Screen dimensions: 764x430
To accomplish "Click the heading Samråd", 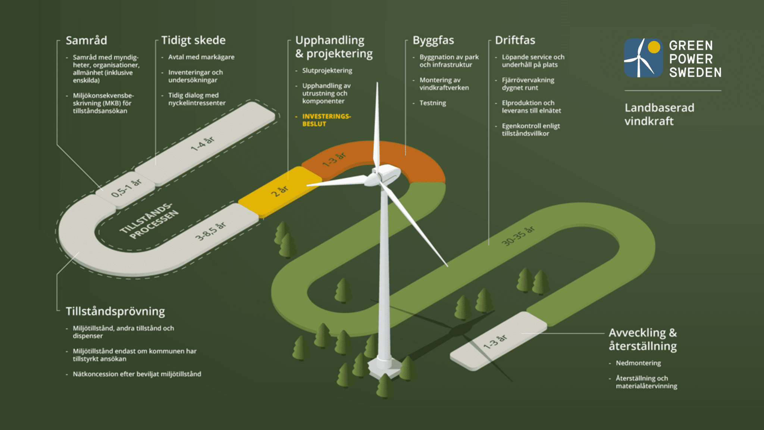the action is pyautogui.click(x=86, y=40).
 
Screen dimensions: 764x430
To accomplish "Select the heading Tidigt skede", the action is pyautogui.click(x=193, y=40).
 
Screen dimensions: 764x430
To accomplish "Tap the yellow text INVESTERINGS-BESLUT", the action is pyautogui.click(x=326, y=120).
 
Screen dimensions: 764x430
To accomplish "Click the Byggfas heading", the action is pyautogui.click(x=433, y=40).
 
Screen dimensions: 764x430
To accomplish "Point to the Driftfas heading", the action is pyautogui.click(x=515, y=40).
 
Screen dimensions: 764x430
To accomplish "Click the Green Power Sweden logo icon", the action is pyautogui.click(x=643, y=58).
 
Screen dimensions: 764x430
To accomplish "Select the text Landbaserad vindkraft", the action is pyautogui.click(x=659, y=114).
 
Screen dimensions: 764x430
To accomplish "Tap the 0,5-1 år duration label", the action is pyautogui.click(x=126, y=188).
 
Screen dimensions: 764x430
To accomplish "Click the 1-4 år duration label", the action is pyautogui.click(x=203, y=144).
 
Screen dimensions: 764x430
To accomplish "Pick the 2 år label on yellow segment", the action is pyautogui.click(x=279, y=191).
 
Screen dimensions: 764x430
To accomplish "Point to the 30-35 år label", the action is pyautogui.click(x=518, y=236).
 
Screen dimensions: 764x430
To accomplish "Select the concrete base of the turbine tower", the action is pyautogui.click(x=385, y=367).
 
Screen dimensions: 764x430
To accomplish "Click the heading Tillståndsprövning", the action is pyautogui.click(x=115, y=311).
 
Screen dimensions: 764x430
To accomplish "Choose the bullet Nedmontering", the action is pyautogui.click(x=638, y=363).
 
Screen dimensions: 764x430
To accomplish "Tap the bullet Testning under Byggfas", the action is pyautogui.click(x=433, y=103).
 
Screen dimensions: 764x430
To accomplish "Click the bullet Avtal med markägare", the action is pyautogui.click(x=201, y=57).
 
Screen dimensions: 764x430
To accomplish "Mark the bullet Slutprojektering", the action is pyautogui.click(x=327, y=71).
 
